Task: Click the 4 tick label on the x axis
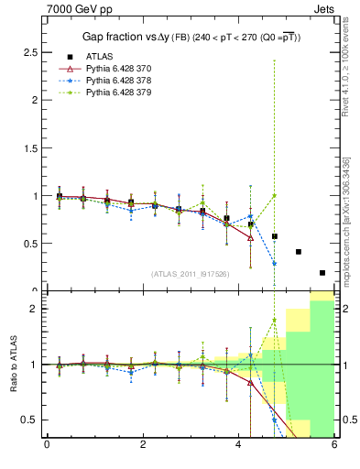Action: pyautogui.click(x=238, y=446)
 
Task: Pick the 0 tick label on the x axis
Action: pyautogui.click(x=47, y=446)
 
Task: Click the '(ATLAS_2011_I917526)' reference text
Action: pyautogui.click(x=191, y=274)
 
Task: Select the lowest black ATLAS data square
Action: pyautogui.click(x=322, y=272)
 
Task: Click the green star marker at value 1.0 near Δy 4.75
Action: pyautogui.click(x=274, y=195)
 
